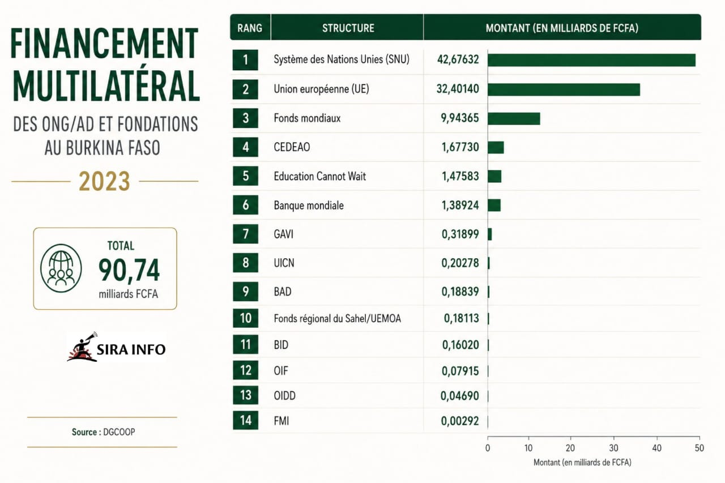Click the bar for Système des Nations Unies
[591, 60]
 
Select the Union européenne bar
[564, 89]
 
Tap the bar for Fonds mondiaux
[514, 119]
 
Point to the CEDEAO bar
[496, 148]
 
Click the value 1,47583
[460, 176]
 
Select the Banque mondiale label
[309, 206]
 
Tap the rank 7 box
[245, 234]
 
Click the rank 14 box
[245, 420]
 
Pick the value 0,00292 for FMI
[459, 421]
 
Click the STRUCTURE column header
[348, 28]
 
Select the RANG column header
[250, 28]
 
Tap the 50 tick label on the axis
[699, 448]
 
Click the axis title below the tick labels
[582, 463]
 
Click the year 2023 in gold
[105, 181]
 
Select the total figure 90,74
[129, 270]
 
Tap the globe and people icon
[61, 268]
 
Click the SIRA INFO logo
[116, 347]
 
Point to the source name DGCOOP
[119, 432]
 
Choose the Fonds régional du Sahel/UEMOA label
[337, 319]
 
